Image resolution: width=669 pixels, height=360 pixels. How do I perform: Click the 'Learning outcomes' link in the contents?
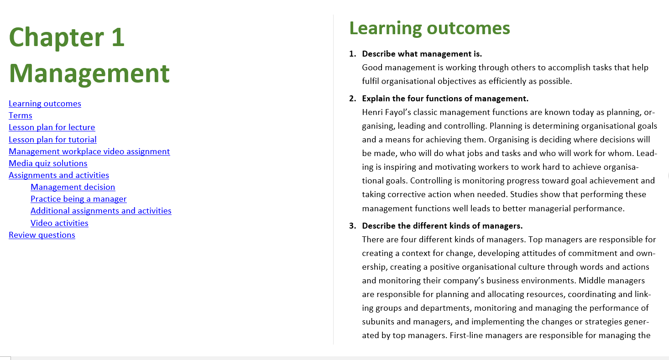(x=45, y=104)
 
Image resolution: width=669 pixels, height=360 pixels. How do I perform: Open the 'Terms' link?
(x=21, y=115)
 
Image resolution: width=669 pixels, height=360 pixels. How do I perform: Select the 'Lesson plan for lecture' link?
(x=52, y=127)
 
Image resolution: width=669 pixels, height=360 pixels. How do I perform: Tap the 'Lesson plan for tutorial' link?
(x=52, y=140)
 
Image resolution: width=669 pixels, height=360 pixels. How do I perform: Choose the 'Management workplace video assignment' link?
(x=89, y=151)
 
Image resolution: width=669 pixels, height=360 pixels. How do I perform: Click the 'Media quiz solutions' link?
(x=48, y=163)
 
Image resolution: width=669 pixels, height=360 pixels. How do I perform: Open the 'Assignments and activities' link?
(x=59, y=175)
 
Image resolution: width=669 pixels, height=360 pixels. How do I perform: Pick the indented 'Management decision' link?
(x=73, y=187)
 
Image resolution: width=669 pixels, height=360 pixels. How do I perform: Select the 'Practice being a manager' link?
(x=78, y=199)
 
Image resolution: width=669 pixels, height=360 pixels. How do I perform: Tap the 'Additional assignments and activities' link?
(x=101, y=211)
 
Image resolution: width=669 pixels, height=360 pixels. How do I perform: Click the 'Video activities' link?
(x=59, y=223)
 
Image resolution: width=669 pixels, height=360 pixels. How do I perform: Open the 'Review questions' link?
(x=42, y=235)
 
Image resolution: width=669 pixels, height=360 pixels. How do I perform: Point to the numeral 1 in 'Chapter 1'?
(x=118, y=37)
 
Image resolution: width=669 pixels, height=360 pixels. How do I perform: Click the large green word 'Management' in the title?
(x=89, y=73)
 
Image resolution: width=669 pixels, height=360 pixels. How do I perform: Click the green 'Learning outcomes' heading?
(x=429, y=29)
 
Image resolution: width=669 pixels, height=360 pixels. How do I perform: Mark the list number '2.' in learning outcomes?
(x=353, y=99)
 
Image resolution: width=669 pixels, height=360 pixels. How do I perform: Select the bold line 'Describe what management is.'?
(x=422, y=54)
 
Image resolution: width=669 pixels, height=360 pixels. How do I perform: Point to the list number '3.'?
(x=353, y=226)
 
